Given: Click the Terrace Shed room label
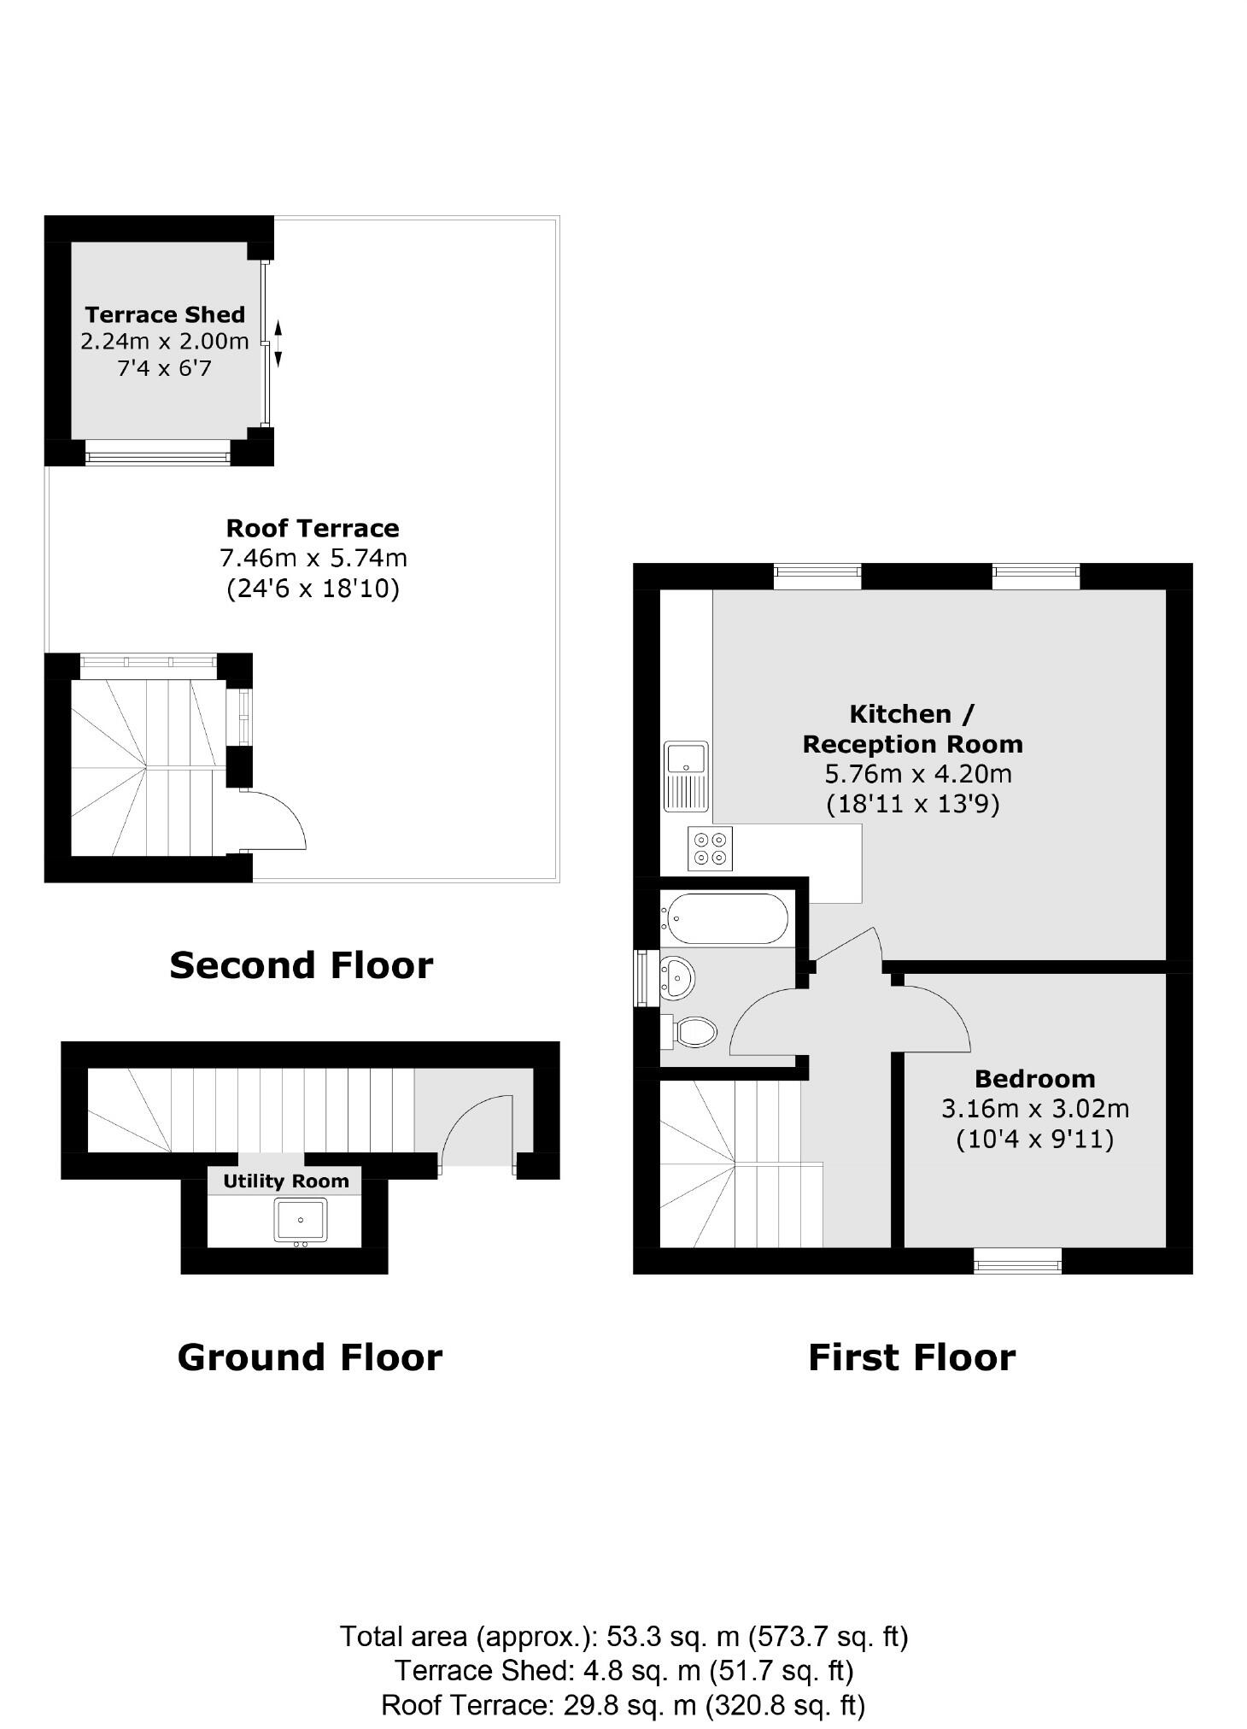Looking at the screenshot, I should tap(165, 315).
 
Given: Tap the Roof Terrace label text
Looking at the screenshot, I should tap(313, 528).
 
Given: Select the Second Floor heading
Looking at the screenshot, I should tap(302, 965).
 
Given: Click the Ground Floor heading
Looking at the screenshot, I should tap(309, 1357).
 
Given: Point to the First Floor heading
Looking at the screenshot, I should tap(911, 1357).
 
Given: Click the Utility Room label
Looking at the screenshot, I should tap(286, 1181).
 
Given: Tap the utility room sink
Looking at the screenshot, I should tap(300, 1220).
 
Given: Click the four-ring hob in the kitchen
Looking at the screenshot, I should tap(710, 848).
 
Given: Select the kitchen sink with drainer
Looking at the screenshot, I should tap(686, 776).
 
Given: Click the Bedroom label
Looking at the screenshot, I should tap(1034, 1079).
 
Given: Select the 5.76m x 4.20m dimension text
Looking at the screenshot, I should tap(917, 774).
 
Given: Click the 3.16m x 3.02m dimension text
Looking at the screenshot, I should tap(1034, 1109).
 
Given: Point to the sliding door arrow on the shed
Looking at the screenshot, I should tap(278, 343).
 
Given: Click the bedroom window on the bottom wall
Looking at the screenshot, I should tap(1017, 1260).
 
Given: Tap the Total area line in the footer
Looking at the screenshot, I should tap(623, 1637).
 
